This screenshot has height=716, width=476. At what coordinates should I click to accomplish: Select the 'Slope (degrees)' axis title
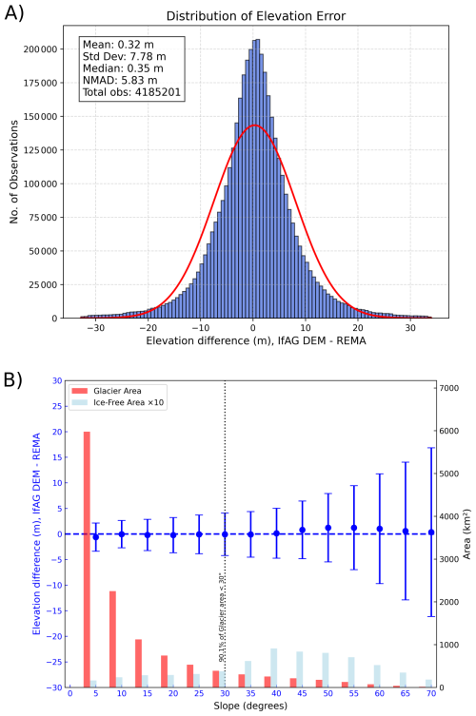pyautogui.click(x=249, y=706)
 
